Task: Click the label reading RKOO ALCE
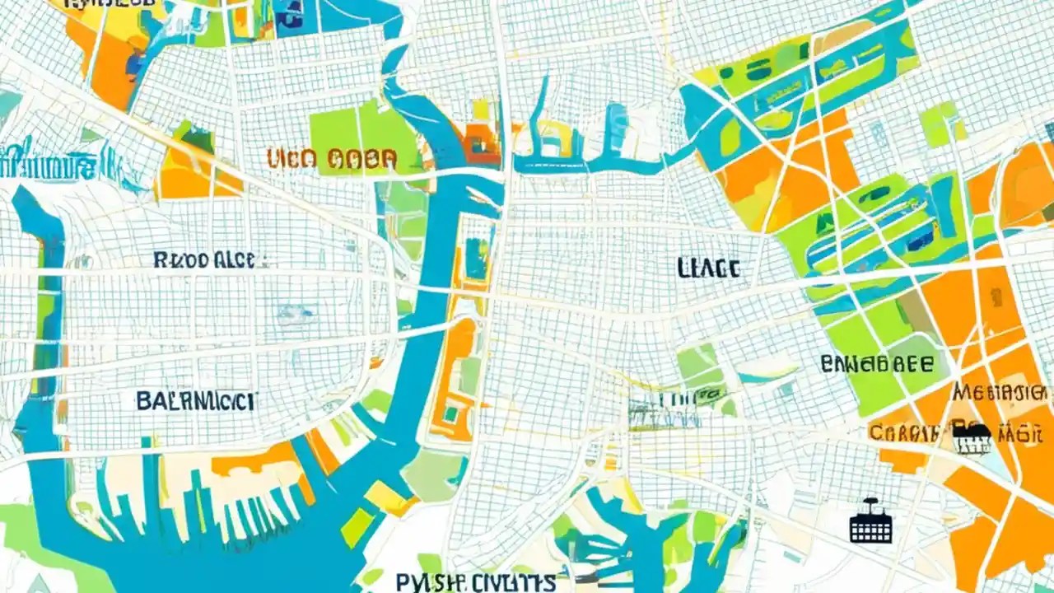[210, 260]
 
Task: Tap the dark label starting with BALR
[196, 401]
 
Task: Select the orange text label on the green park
[332, 158]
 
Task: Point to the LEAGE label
[708, 267]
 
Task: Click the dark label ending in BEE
[877, 363]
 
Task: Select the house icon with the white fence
[972, 439]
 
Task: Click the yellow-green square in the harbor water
[357, 527]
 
